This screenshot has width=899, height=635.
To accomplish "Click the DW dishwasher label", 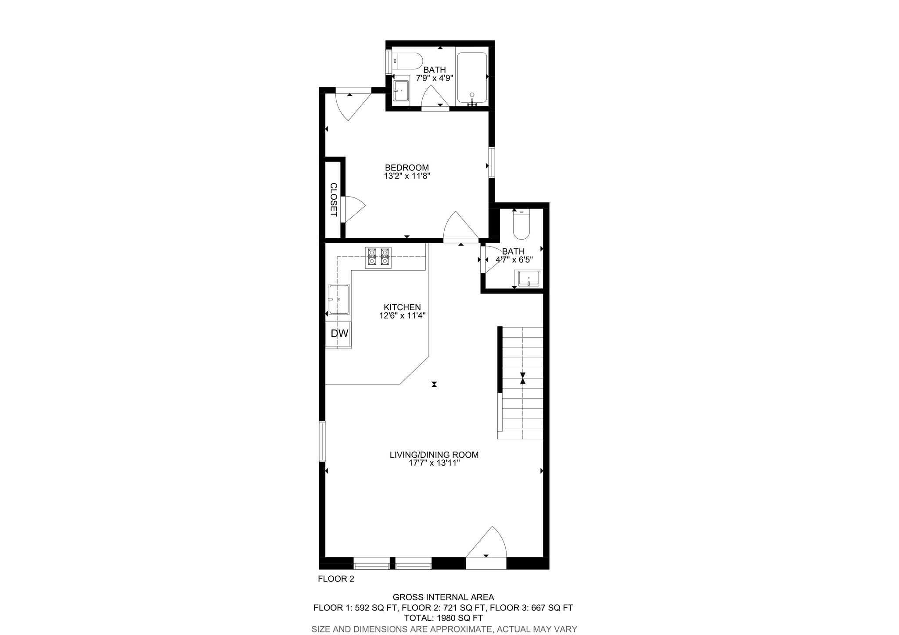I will click(x=339, y=334).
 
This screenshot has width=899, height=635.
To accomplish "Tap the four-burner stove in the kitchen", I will click(x=378, y=257).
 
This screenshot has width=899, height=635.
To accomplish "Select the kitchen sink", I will click(x=339, y=299).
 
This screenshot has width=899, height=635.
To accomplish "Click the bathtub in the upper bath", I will click(x=472, y=78).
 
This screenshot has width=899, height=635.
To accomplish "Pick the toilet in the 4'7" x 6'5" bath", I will click(x=521, y=224).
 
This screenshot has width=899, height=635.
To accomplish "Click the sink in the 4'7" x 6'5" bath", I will click(x=529, y=278).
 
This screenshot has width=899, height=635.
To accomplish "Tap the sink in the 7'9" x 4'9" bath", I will click(x=400, y=91).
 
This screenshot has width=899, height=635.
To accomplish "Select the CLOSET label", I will click(x=334, y=200).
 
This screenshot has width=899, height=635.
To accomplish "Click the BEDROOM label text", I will click(x=406, y=168).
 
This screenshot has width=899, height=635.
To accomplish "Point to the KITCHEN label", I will click(x=402, y=307).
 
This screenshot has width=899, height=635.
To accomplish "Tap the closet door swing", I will click(x=353, y=209).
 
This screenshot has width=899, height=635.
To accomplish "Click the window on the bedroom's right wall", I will click(x=492, y=162).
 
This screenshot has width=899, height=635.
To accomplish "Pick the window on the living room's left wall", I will click(x=322, y=441).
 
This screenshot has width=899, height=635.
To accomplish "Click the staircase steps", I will click(x=522, y=382).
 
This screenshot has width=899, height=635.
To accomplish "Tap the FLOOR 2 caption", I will click(x=336, y=579).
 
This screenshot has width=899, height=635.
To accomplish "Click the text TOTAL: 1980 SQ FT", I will click(x=443, y=618).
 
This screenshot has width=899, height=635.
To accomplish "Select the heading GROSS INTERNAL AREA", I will click(x=443, y=597).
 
